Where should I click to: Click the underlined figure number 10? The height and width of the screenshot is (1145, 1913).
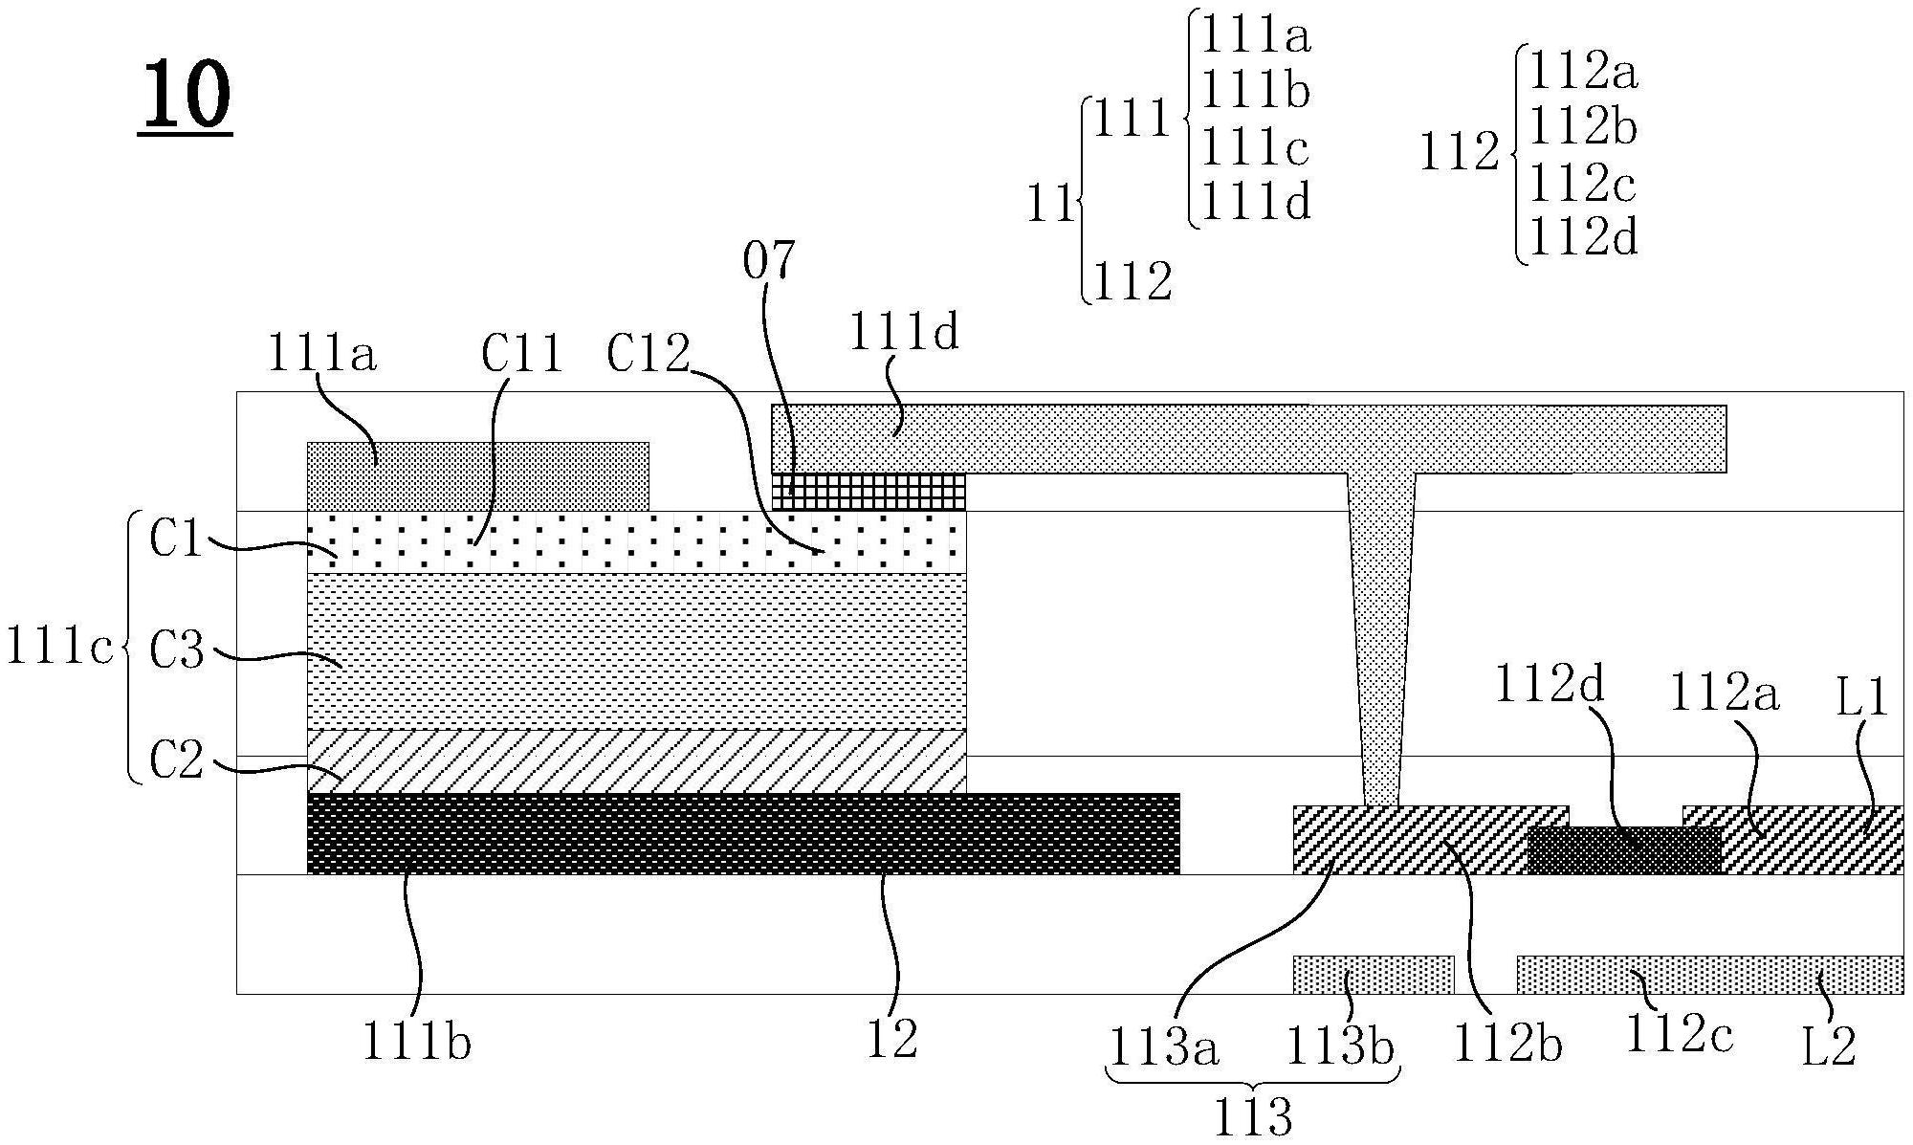point(186,95)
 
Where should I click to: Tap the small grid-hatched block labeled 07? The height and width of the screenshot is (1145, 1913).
point(869,492)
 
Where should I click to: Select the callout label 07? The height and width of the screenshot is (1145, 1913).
point(769,260)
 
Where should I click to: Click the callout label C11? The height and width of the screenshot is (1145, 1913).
point(521,355)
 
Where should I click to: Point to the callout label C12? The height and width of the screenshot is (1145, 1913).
point(648,355)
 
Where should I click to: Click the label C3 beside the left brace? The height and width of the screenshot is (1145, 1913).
point(177,652)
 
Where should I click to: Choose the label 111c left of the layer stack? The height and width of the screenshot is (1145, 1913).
point(59,647)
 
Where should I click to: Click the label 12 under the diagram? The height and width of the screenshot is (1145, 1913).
point(891,1039)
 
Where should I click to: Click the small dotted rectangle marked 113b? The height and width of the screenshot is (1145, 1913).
point(1374,975)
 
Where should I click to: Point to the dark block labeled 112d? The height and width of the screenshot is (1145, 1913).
point(1624,850)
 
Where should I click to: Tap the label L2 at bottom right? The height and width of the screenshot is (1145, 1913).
point(1829,1046)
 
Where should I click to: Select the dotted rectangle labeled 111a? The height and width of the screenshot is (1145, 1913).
point(477,476)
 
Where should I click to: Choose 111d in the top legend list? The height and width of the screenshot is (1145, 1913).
point(1255,202)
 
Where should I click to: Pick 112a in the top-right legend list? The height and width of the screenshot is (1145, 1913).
point(1583,71)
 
